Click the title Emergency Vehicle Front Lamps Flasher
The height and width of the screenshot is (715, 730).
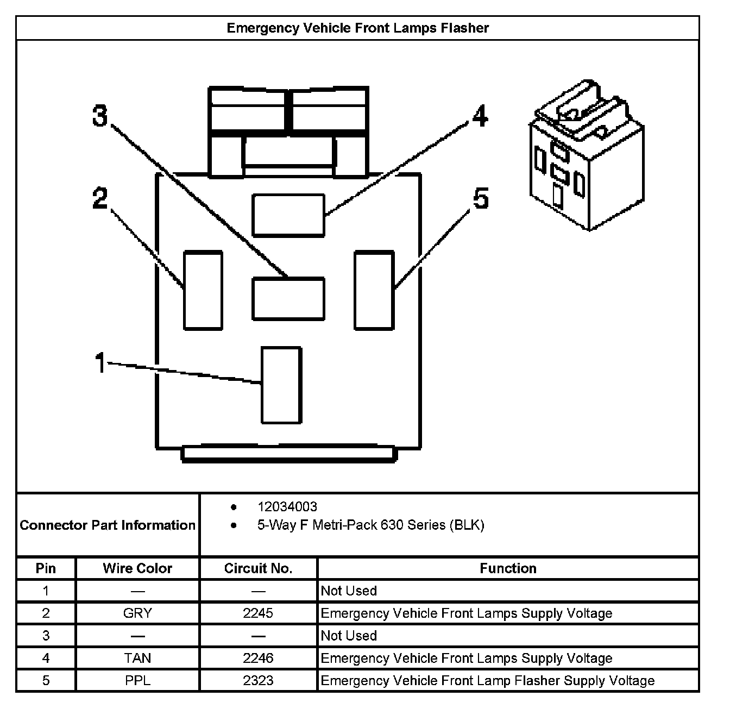coord(357,28)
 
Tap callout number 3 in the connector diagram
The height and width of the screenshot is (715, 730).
coord(100,116)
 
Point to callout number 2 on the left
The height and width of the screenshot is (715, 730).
coord(100,199)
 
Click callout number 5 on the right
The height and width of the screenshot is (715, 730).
coord(481,199)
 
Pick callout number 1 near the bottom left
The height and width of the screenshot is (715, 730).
coord(100,363)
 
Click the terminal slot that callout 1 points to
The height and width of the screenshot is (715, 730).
coord(281,385)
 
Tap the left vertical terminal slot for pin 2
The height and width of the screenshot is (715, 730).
coord(203,290)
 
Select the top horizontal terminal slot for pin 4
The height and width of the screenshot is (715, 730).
coord(288,215)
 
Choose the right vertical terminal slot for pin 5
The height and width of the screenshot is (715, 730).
coord(374,290)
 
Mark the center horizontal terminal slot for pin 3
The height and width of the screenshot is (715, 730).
coord(288,298)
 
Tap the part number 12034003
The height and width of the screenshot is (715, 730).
coord(287,507)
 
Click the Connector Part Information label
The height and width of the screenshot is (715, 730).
coord(108,525)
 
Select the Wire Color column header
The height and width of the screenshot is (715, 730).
coord(137,569)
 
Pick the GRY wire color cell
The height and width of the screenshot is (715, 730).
coord(137,613)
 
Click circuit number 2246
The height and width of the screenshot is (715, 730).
coord(258,658)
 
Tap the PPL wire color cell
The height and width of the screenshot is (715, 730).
coord(137,681)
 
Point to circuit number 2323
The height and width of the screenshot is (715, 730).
coord(258,681)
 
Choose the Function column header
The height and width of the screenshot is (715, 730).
coord(508,569)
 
